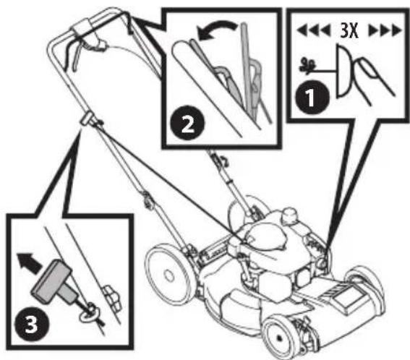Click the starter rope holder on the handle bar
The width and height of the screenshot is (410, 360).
pyautogui.click(x=87, y=120)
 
